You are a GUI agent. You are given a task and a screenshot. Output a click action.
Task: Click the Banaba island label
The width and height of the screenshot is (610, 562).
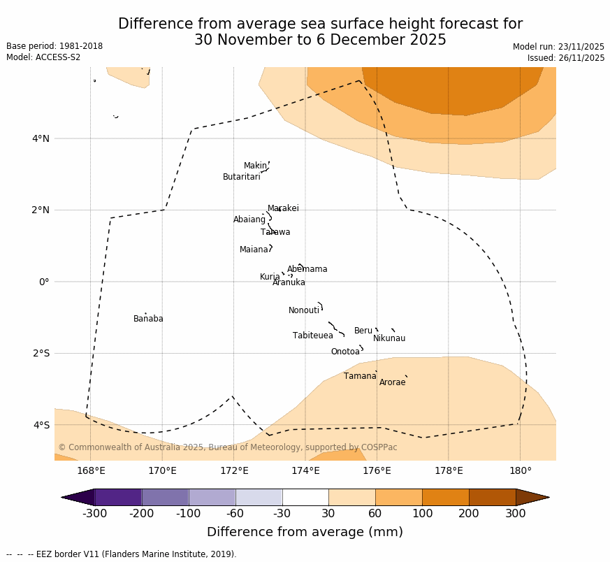[148, 319]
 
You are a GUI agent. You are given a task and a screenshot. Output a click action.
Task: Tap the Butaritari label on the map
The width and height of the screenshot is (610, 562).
[241, 177]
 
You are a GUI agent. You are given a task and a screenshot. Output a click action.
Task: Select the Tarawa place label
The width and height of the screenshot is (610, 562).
[275, 232]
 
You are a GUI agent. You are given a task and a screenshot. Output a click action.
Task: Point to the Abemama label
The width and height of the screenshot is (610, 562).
[307, 269]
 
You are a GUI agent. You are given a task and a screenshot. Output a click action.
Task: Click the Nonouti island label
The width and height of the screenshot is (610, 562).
[303, 310]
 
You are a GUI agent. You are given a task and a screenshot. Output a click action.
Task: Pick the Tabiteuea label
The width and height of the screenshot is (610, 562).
[312, 336]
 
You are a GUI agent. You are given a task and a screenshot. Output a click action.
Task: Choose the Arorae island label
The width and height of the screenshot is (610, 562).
[392, 382]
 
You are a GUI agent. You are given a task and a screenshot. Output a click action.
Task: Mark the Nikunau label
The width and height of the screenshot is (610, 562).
[388, 338]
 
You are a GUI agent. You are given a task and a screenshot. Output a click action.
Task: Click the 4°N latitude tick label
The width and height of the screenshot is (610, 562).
[41, 138]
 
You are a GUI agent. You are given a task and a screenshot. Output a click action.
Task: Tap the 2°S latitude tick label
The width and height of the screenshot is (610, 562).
[41, 353]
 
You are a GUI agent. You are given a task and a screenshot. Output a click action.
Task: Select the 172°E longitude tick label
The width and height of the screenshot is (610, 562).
[234, 470]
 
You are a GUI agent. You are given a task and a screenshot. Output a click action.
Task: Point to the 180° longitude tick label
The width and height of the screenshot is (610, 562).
[520, 470]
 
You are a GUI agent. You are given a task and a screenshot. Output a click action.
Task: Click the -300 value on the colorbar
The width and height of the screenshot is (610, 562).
[94, 514]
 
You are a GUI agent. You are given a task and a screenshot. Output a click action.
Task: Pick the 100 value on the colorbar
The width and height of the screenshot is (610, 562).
[422, 514]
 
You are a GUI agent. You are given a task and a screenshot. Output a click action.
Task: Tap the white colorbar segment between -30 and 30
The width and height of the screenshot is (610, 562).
[305, 497]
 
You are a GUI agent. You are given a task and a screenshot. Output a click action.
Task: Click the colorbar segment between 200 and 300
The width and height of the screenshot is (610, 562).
[492, 497]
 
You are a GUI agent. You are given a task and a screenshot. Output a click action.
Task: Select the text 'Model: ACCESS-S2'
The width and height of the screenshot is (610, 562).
[43, 57]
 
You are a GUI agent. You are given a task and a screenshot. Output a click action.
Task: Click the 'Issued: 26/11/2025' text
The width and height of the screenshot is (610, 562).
[565, 58]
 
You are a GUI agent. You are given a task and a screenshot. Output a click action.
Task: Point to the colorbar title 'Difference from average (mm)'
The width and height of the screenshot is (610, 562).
[305, 532]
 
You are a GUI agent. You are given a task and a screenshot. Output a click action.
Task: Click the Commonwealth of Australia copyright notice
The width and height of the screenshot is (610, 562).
[227, 447]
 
